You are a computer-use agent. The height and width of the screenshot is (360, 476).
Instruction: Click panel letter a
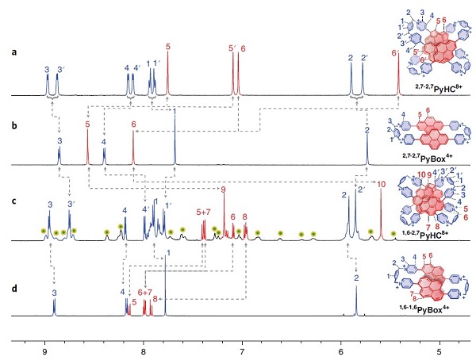coord(13,53)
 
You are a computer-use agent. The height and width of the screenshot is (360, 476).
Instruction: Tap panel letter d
coord(13,274)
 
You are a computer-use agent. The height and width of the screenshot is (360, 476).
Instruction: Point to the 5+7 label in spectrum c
coord(204,212)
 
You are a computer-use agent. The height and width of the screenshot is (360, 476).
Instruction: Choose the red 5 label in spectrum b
coord(87,125)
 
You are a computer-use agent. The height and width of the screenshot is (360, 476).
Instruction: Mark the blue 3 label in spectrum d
coord(54,293)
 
